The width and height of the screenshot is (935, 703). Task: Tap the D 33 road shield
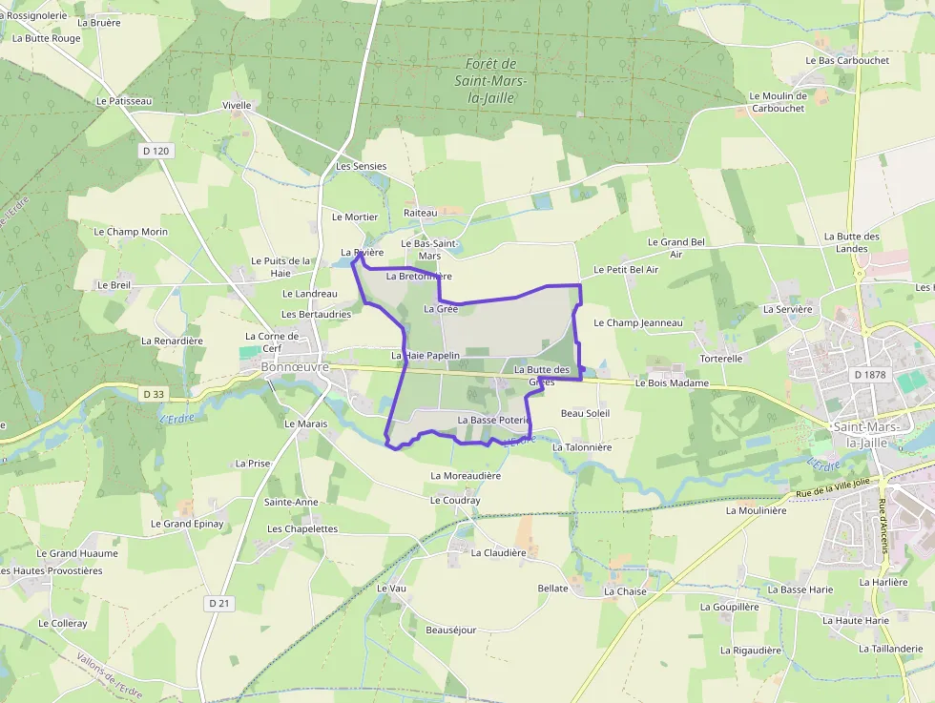coord(154,394)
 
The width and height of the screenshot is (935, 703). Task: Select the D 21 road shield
coord(219,603)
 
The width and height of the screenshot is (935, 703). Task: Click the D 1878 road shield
coord(869,375)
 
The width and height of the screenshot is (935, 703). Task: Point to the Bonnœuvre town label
coord(296,366)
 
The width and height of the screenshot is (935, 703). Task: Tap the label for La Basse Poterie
coord(493,420)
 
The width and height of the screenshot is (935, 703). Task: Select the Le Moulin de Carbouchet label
coord(778,102)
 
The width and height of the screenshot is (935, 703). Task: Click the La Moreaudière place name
coord(466,475)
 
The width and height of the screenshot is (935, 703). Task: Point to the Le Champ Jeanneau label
coord(638,322)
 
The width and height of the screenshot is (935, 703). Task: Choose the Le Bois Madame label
coord(672,383)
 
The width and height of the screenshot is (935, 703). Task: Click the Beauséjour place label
coord(450,630)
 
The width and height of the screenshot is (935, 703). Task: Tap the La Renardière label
coord(172,341)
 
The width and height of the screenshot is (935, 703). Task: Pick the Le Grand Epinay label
coord(187,524)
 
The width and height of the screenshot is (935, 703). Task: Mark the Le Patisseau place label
coord(123,100)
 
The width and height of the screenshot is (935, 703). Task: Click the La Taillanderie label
coord(891,649)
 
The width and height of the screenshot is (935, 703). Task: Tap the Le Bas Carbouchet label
coord(847,60)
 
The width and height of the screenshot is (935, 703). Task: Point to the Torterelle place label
coord(720,359)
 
